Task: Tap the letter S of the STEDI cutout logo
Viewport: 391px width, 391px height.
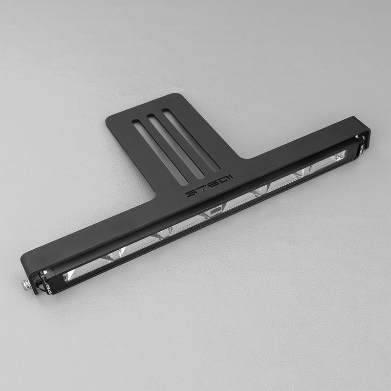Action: [x=191, y=195]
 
